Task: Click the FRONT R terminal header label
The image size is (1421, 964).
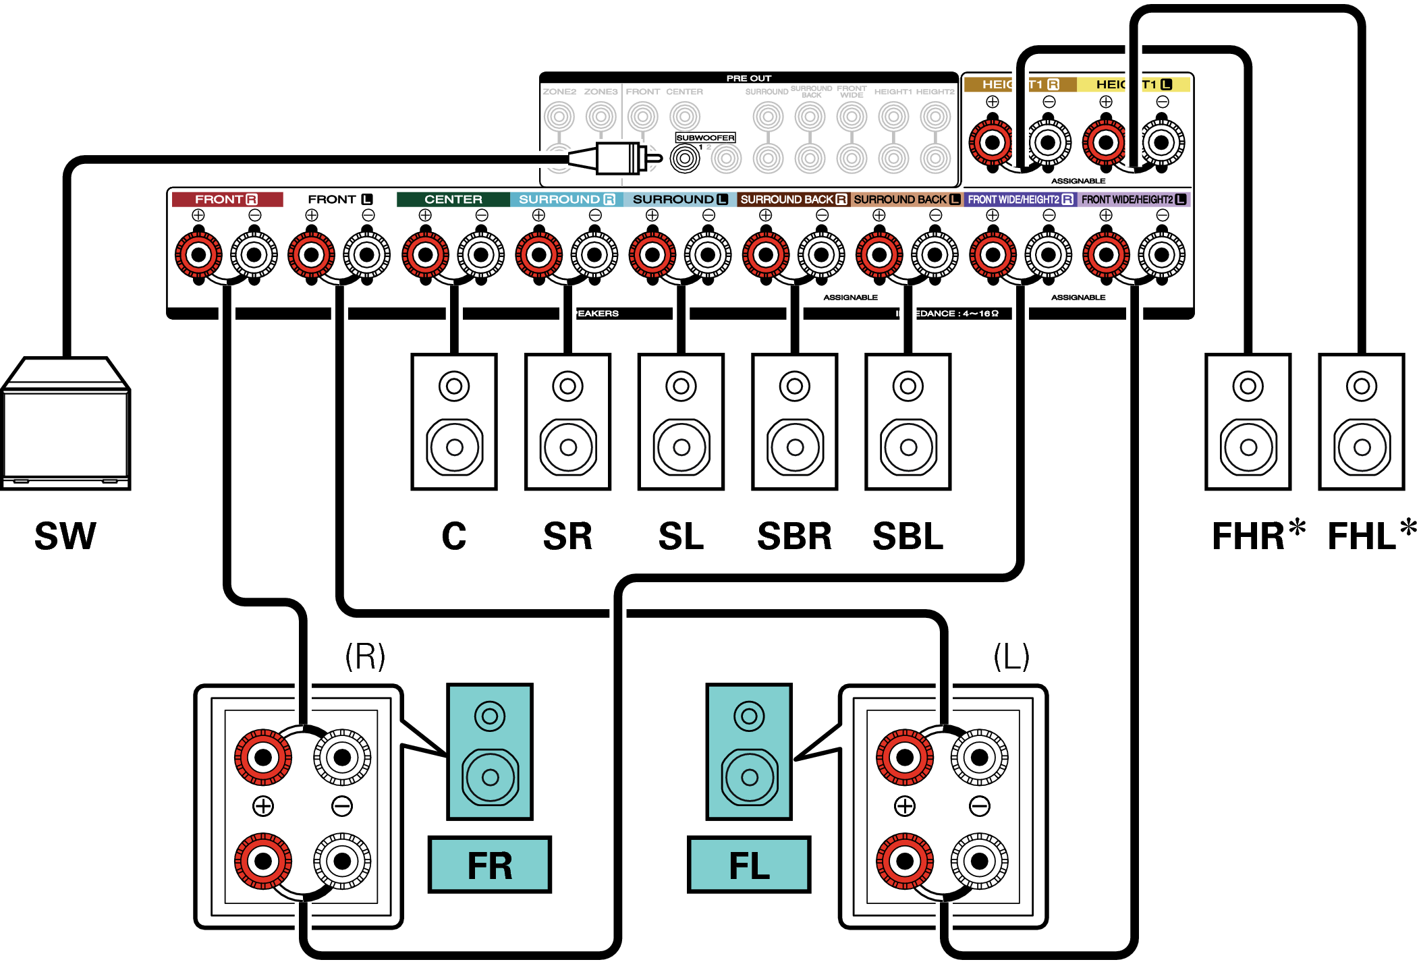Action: click(x=227, y=200)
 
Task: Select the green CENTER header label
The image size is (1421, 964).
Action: click(x=453, y=200)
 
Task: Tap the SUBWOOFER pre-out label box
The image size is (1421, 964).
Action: click(x=705, y=138)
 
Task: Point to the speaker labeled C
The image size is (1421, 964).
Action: click(x=454, y=422)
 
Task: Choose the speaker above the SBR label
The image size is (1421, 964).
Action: click(x=795, y=422)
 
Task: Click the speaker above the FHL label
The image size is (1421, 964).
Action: click(x=1362, y=422)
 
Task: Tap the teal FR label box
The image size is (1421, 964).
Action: click(x=490, y=865)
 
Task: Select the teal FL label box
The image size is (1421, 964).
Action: click(x=749, y=865)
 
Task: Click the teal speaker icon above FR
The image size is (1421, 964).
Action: click(x=490, y=752)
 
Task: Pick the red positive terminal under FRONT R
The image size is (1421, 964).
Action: click(x=198, y=255)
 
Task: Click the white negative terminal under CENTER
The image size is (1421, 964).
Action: click(x=481, y=255)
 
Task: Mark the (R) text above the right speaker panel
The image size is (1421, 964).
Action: click(x=365, y=656)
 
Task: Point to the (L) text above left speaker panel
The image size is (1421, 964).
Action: click(x=1011, y=656)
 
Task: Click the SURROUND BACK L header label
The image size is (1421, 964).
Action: click(x=906, y=200)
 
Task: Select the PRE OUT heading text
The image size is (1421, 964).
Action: click(x=748, y=78)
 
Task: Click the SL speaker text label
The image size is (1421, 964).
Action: click(x=681, y=536)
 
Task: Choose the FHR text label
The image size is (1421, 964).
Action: click(x=1250, y=536)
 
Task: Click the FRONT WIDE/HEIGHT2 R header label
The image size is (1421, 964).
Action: click(x=1020, y=200)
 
